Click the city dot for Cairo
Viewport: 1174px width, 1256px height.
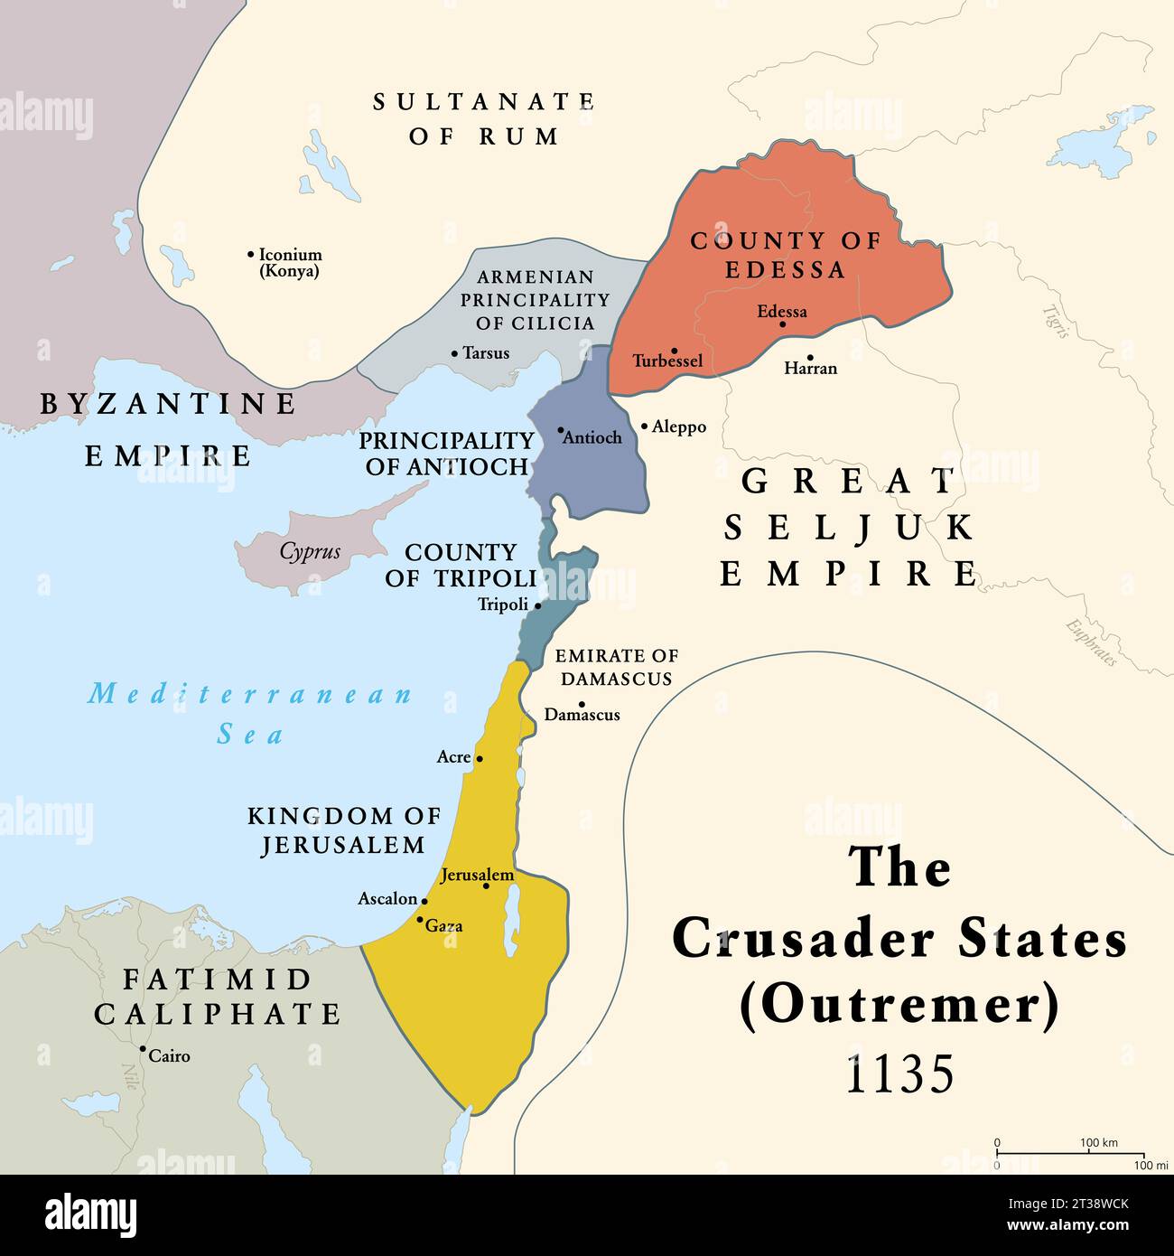tap(143, 1049)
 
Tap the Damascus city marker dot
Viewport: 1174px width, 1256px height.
tap(582, 705)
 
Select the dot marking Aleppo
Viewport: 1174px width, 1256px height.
tap(644, 426)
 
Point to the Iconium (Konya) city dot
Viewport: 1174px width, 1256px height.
tap(250, 255)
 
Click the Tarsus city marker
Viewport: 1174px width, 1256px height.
tap(454, 353)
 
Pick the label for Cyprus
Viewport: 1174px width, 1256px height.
tap(310, 551)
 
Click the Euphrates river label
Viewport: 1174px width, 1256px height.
tap(1091, 642)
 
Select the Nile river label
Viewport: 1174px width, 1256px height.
tap(129, 1075)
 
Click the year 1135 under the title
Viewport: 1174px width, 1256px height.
tap(899, 1074)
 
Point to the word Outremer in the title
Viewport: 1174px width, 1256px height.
tap(899, 1006)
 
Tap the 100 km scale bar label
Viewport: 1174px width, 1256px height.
tap(1100, 1143)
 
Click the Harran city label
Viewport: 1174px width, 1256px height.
tap(810, 369)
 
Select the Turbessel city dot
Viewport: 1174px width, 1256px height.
tap(675, 351)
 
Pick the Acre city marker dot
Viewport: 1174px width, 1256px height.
tap(480, 758)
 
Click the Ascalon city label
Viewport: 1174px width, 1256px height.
tap(387, 899)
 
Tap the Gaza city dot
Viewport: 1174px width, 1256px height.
tap(419, 920)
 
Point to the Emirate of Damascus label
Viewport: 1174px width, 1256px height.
tap(616, 667)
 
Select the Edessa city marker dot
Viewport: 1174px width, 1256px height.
tap(782, 324)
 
